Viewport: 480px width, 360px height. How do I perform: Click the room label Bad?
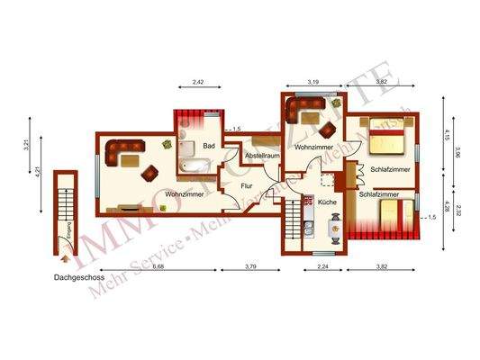tap(209, 145)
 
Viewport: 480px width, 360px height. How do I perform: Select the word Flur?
tap(247, 187)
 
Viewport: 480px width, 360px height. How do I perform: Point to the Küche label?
tap(327, 202)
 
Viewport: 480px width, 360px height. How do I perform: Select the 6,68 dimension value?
tap(158, 266)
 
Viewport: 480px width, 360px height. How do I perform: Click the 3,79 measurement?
tap(252, 266)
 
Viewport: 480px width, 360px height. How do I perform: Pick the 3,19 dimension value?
tap(312, 82)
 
